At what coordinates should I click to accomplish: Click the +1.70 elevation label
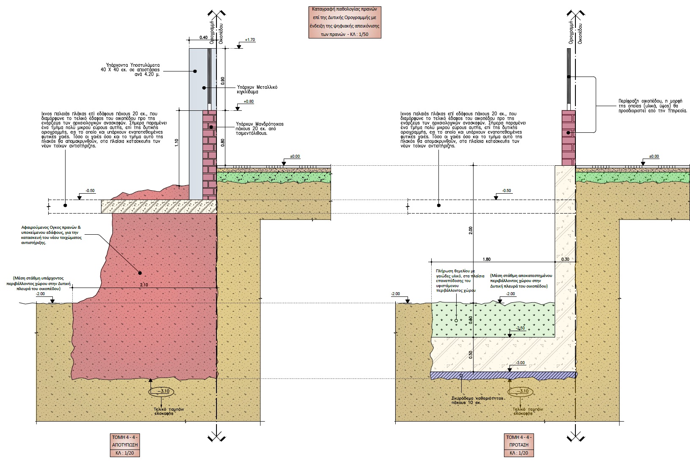pos(250,40)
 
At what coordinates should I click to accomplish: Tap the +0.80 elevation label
pos(249,101)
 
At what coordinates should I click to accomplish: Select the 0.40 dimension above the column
pos(203,38)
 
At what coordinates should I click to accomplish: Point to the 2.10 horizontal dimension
pos(144,285)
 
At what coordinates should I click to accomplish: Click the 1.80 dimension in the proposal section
pos(486,259)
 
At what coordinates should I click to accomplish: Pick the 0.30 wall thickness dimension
pos(565,259)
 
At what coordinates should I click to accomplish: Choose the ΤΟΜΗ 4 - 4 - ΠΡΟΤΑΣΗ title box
pos(519,445)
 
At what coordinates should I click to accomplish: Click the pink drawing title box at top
pos(345,22)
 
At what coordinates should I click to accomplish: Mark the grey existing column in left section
pos(195,123)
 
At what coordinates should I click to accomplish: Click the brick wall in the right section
pos(568,137)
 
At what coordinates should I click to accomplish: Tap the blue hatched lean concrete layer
pos(503,375)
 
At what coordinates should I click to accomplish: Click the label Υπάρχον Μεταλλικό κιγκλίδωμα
pos(257,89)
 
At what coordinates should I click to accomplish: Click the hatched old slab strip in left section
pos(159,206)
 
